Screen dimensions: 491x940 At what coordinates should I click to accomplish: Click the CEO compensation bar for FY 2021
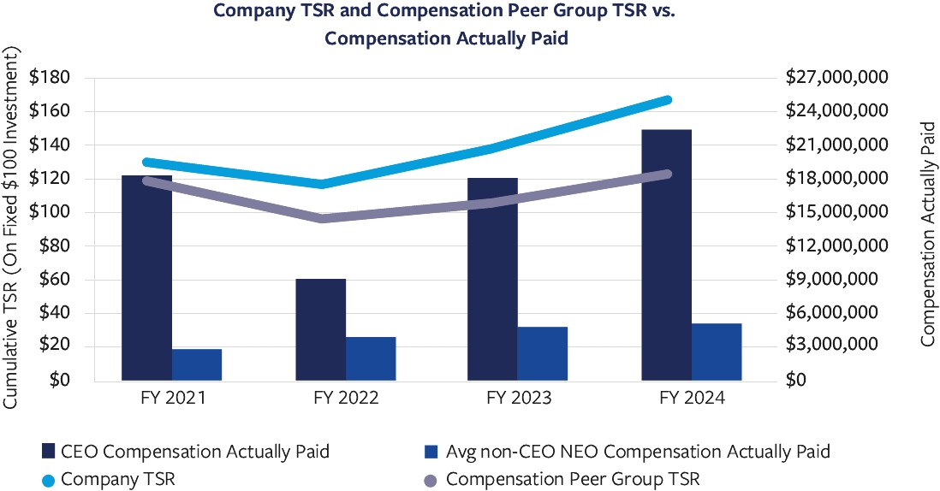(x=146, y=278)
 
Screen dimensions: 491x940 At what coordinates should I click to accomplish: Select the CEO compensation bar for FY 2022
(x=320, y=329)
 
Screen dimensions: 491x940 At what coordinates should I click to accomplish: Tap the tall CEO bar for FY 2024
(x=666, y=255)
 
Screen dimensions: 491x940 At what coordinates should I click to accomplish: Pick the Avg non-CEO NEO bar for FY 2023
(x=543, y=353)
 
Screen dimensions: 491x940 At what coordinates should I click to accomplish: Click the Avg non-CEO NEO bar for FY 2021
(x=197, y=364)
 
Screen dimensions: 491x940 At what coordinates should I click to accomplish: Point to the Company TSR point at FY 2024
(x=667, y=100)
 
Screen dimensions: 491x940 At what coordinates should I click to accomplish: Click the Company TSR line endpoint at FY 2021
(x=147, y=162)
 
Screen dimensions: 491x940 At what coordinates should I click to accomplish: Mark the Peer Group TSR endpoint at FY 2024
(x=667, y=174)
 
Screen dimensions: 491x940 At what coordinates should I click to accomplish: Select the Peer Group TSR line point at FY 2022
(x=321, y=218)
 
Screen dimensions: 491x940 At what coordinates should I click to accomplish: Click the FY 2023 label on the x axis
(x=519, y=399)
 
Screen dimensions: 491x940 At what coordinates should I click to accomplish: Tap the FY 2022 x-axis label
(x=346, y=399)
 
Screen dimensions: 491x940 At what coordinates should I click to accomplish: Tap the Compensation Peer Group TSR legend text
(x=573, y=479)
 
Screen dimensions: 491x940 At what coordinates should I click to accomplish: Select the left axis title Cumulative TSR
(x=12, y=227)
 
